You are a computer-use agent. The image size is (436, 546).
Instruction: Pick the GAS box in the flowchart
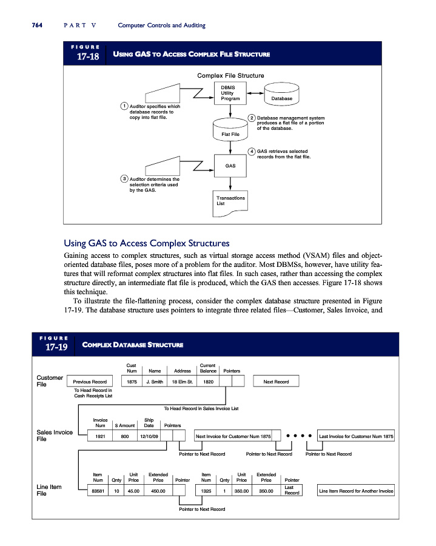(x=230, y=165)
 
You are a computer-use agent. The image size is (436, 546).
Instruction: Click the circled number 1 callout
(x=124, y=106)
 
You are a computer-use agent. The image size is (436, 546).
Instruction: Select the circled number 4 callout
(x=252, y=151)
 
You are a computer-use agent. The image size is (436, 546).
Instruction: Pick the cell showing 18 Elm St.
(x=182, y=382)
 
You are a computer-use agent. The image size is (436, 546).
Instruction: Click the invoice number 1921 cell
(x=100, y=436)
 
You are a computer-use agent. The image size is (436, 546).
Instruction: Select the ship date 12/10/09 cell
(x=149, y=436)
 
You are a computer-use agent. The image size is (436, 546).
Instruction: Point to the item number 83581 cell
(x=97, y=490)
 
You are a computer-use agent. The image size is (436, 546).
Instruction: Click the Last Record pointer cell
(x=289, y=490)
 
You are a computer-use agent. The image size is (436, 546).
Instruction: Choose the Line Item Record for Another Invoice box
(x=355, y=490)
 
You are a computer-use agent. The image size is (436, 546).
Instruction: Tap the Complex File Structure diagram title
(x=230, y=75)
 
